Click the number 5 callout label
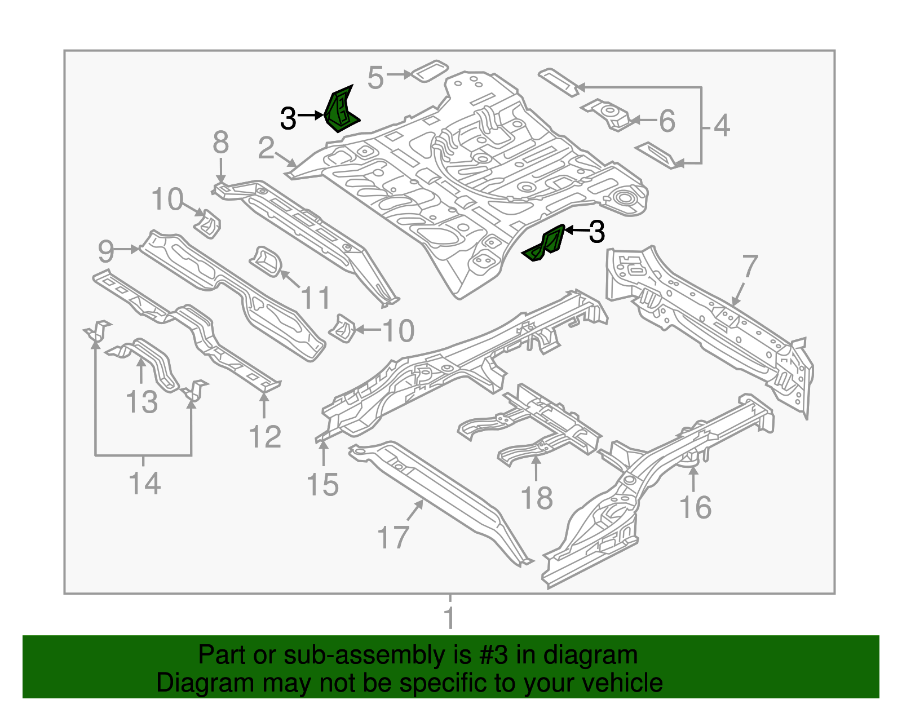click(375, 77)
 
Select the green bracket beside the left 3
click(341, 110)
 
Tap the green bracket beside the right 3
click(546, 244)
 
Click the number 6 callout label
click(667, 121)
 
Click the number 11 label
click(316, 298)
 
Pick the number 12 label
click(265, 437)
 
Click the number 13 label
click(142, 402)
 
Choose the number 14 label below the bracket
click(144, 484)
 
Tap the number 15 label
click(322, 485)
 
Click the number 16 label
click(695, 507)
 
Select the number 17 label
click(392, 537)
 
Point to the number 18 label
click(536, 498)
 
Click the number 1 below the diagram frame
click(449, 618)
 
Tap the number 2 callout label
click(266, 148)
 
